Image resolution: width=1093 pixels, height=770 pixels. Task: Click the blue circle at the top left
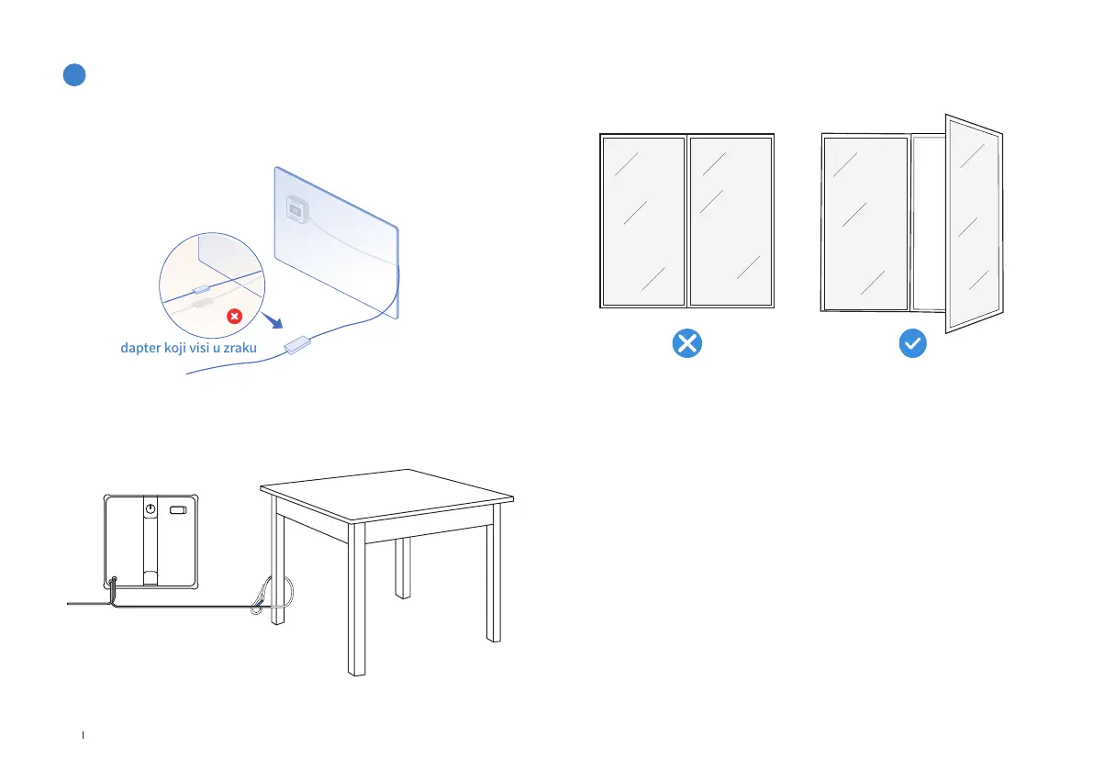click(74, 75)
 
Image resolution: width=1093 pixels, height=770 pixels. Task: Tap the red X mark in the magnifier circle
click(235, 317)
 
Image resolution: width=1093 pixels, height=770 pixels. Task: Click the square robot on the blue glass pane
click(296, 209)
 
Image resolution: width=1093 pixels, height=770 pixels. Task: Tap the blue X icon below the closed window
click(686, 344)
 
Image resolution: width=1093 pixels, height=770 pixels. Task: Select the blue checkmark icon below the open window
click(912, 344)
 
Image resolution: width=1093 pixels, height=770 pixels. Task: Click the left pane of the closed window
click(643, 220)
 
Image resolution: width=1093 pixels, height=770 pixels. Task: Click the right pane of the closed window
click(730, 220)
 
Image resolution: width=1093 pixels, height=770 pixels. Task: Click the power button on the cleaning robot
click(149, 508)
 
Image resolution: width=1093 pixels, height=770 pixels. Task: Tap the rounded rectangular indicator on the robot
click(179, 508)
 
